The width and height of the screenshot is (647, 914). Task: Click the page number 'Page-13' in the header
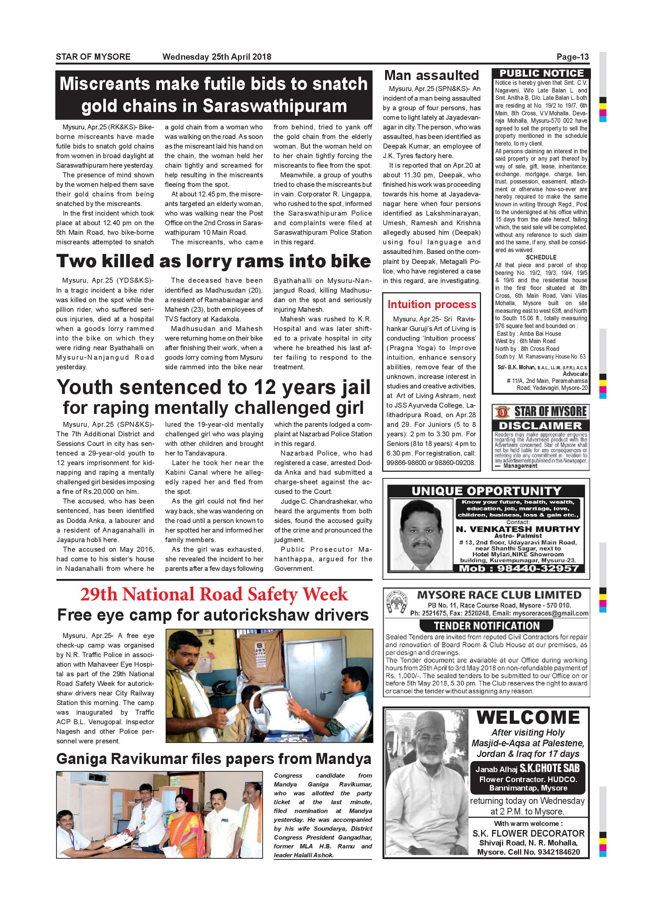tap(572, 57)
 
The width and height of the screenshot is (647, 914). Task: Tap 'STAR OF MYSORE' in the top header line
tap(93, 57)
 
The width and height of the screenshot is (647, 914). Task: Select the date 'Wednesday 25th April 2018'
tap(217, 57)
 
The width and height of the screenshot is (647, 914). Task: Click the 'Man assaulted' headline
tap(431, 76)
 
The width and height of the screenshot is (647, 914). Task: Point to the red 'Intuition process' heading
tap(432, 304)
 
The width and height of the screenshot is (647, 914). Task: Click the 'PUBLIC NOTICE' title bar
tap(542, 74)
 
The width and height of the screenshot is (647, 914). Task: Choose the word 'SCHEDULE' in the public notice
tap(541, 258)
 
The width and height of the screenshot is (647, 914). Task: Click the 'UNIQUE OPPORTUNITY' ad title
tap(486, 491)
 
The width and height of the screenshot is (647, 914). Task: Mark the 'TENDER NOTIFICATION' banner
tap(487, 626)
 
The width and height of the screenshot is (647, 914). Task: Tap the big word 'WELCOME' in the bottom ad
tap(528, 718)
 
